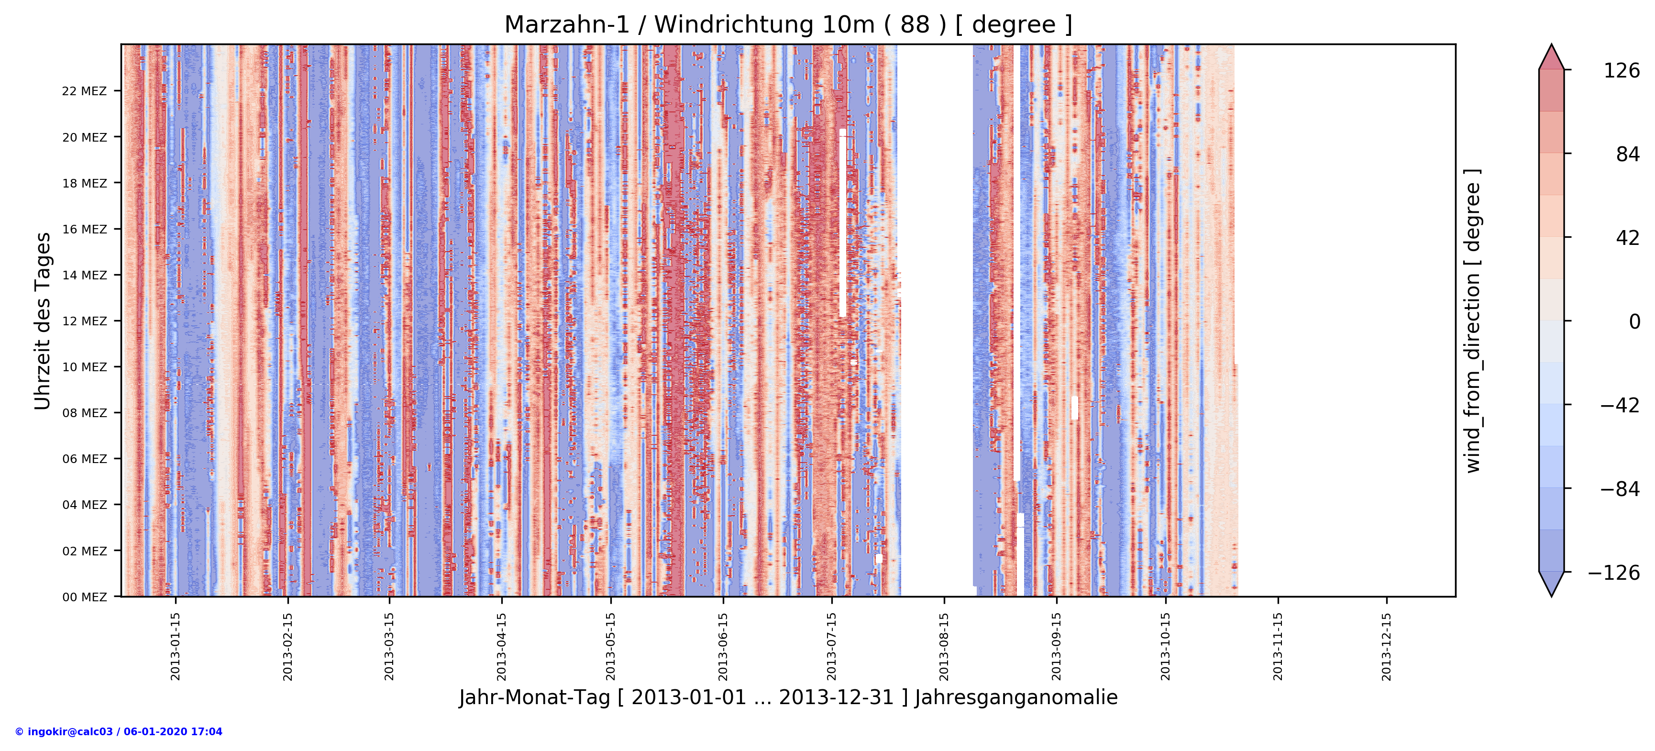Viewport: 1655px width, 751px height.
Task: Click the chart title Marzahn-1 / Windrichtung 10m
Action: (x=788, y=25)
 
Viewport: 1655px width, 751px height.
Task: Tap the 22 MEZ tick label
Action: (x=84, y=91)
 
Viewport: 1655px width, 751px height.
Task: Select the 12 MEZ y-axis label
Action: (x=84, y=321)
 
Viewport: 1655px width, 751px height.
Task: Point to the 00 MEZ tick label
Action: (x=84, y=597)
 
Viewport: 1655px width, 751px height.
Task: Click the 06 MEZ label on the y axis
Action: (x=84, y=459)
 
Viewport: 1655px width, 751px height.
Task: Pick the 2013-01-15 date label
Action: (x=176, y=646)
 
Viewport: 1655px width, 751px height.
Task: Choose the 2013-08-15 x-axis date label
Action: (x=944, y=646)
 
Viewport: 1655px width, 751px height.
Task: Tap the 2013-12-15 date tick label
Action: (x=1387, y=646)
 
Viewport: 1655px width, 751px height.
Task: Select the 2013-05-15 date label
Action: (x=610, y=646)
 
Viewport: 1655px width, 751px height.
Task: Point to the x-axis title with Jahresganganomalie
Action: (x=788, y=698)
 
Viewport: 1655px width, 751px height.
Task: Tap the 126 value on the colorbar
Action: (x=1621, y=71)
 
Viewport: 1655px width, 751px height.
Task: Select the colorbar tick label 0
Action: (x=1634, y=321)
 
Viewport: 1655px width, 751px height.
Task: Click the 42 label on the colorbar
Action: (x=1627, y=238)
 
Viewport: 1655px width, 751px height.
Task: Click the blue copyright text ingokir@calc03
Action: (x=119, y=732)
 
